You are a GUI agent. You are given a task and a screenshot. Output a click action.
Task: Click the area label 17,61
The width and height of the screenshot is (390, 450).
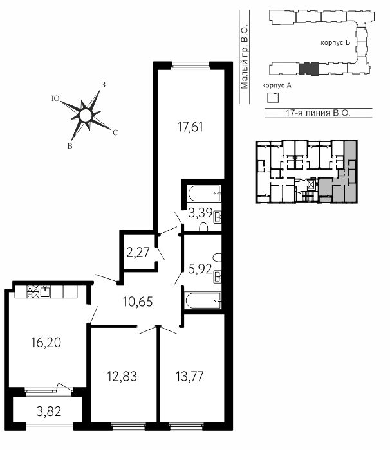190,127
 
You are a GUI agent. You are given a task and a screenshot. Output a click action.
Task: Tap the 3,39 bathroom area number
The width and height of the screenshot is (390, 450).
200,213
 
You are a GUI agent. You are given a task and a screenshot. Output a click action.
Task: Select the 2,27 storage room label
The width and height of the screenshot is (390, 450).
138,252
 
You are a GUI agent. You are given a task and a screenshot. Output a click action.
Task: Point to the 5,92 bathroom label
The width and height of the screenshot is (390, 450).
200,269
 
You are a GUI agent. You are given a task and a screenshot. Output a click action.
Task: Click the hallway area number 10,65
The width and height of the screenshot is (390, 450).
138,301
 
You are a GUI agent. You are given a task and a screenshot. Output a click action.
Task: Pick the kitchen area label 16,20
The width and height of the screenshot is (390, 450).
46,343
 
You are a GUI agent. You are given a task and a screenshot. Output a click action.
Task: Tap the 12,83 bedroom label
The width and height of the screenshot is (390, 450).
122,376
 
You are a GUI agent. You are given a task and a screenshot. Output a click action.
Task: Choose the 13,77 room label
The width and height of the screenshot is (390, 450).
189,376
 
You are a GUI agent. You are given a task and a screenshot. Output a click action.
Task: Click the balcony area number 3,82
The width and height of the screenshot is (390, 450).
49,412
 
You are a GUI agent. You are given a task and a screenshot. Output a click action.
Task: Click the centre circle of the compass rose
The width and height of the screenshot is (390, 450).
86,115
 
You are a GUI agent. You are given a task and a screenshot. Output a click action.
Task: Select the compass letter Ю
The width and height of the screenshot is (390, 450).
55,99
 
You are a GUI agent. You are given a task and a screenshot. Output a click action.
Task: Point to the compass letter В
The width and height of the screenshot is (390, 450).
70,146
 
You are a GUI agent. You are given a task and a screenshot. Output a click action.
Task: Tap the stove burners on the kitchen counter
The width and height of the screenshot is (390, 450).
33,292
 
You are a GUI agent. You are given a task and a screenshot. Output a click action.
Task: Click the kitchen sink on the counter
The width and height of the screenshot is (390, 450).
45,292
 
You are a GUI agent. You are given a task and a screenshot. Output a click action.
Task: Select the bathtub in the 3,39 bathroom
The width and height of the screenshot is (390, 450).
205,194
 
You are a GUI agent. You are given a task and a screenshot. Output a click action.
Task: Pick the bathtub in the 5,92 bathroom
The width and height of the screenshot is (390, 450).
203,300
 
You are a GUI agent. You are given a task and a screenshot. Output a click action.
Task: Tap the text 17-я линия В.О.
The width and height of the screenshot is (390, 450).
318,113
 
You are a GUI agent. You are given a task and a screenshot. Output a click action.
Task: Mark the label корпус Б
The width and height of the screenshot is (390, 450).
336,43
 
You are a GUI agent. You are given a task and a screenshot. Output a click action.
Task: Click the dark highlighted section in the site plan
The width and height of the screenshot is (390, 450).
309,69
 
